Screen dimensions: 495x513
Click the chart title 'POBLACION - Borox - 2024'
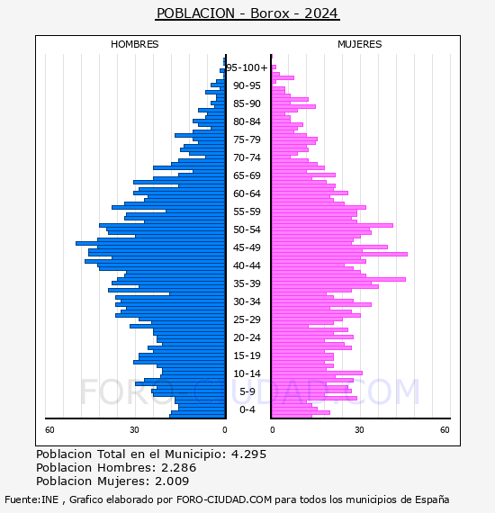pyautogui.click(x=247, y=13)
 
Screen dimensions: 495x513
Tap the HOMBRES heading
pyautogui.click(x=134, y=44)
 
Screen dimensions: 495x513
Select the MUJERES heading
pyautogui.click(x=360, y=44)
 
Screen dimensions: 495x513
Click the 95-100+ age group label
pyautogui.click(x=247, y=67)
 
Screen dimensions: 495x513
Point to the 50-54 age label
pyautogui.click(x=247, y=229)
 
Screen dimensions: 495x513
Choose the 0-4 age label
pyautogui.click(x=247, y=409)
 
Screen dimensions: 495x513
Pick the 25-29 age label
pyautogui.click(x=247, y=319)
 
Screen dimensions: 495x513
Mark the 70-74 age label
pyautogui.click(x=247, y=157)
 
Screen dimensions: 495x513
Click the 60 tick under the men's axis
pyautogui.click(x=49, y=429)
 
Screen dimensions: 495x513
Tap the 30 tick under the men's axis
pyautogui.click(x=134, y=429)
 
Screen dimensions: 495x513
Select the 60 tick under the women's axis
pyautogui.click(x=445, y=429)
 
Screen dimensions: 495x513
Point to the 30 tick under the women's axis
pyautogui.click(x=359, y=429)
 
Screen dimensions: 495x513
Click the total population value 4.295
pyautogui.click(x=249, y=454)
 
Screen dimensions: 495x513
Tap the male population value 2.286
pyautogui.click(x=178, y=467)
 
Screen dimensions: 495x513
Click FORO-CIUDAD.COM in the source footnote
pyautogui.click(x=224, y=499)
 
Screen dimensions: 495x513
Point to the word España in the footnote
pyautogui.click(x=432, y=499)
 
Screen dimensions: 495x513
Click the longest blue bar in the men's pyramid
pyautogui.click(x=150, y=243)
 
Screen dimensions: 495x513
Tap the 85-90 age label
pyautogui.click(x=247, y=103)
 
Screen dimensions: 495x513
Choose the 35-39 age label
pyautogui.click(x=247, y=283)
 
